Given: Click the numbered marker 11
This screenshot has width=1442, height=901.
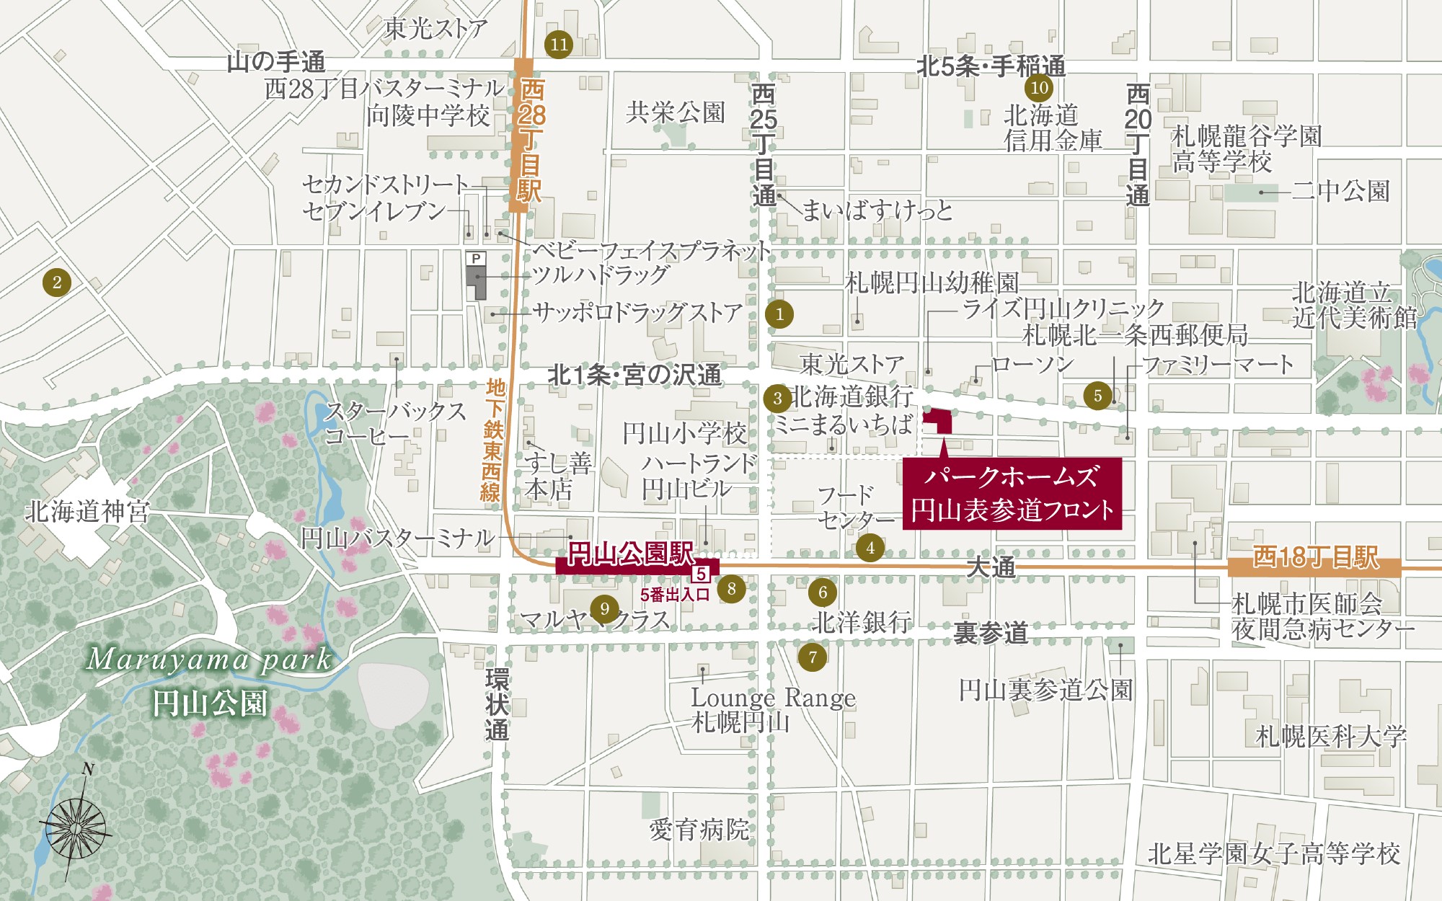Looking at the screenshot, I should [x=559, y=45].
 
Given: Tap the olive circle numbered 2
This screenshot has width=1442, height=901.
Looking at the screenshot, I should [x=57, y=282].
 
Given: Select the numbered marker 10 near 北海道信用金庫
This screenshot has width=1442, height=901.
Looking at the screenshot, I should [x=1039, y=88].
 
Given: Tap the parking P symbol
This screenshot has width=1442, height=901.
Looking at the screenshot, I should [x=476, y=258].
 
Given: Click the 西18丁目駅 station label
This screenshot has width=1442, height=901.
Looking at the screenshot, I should [x=1314, y=557].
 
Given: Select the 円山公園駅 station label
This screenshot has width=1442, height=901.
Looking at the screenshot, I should [x=630, y=554].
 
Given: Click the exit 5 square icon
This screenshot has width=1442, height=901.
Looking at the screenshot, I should [x=701, y=574].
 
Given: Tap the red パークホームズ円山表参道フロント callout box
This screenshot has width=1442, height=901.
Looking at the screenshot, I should [x=1012, y=494].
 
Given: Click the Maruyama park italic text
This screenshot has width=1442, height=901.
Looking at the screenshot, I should [x=209, y=660].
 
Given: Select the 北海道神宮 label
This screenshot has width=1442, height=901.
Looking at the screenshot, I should [x=87, y=512].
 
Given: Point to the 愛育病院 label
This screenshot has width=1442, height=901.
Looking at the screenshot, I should [x=699, y=830].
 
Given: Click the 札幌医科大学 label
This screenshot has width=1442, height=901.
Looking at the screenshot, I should [x=1330, y=737].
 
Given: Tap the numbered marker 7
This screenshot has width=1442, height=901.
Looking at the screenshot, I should [x=813, y=657].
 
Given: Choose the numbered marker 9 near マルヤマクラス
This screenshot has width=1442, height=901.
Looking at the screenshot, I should [x=604, y=609].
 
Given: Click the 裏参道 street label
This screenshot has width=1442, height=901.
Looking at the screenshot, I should [x=990, y=633].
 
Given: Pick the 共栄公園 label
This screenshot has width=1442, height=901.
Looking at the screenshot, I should [x=675, y=112].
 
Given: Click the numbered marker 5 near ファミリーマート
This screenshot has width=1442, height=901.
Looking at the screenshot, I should [x=1097, y=396].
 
